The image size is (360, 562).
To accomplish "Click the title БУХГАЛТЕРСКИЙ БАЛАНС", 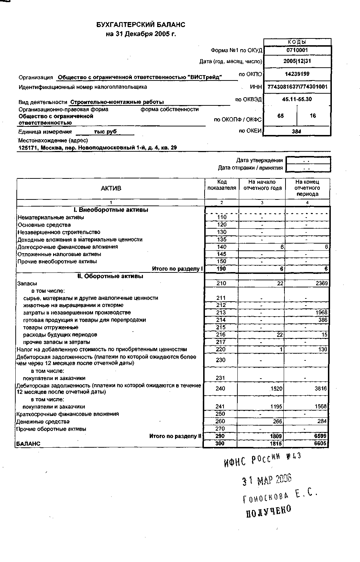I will [141, 25].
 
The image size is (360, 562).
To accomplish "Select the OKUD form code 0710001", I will [297, 51].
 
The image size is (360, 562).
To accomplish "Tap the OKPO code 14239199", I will [297, 74].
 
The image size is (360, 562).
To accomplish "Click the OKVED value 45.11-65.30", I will [297, 99].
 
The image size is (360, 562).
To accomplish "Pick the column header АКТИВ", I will [111, 188].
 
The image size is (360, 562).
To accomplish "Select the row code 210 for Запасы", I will [221, 283].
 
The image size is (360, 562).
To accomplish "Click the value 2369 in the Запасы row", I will [322, 283].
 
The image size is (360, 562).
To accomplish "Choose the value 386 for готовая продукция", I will [323, 320].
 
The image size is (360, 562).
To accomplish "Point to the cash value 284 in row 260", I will [322, 421].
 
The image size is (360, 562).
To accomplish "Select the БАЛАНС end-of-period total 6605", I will [320, 443].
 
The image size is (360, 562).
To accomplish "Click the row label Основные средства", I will [44, 225].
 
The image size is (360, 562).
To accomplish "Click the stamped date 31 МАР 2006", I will [267, 480].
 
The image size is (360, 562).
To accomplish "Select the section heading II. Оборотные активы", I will [110, 276].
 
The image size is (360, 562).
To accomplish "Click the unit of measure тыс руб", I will [105, 132].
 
